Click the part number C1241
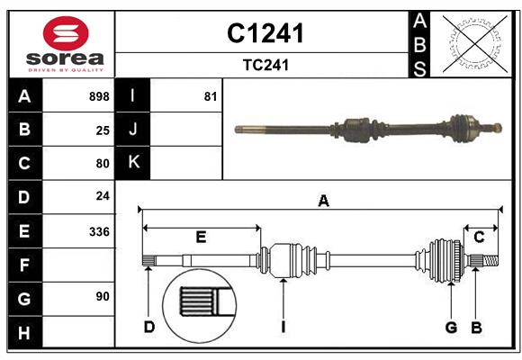pyautogui.click(x=265, y=33)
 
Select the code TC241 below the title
pyautogui.click(x=265, y=66)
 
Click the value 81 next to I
pyautogui.click(x=211, y=96)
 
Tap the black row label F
pyautogui.click(x=24, y=265)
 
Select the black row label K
pyautogui.click(x=133, y=163)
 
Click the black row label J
pyautogui.click(x=133, y=130)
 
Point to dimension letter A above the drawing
pyautogui.click(x=322, y=202)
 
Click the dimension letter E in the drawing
pyautogui.click(x=201, y=238)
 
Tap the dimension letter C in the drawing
pyautogui.click(x=479, y=238)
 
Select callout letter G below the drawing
pyautogui.click(x=451, y=327)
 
